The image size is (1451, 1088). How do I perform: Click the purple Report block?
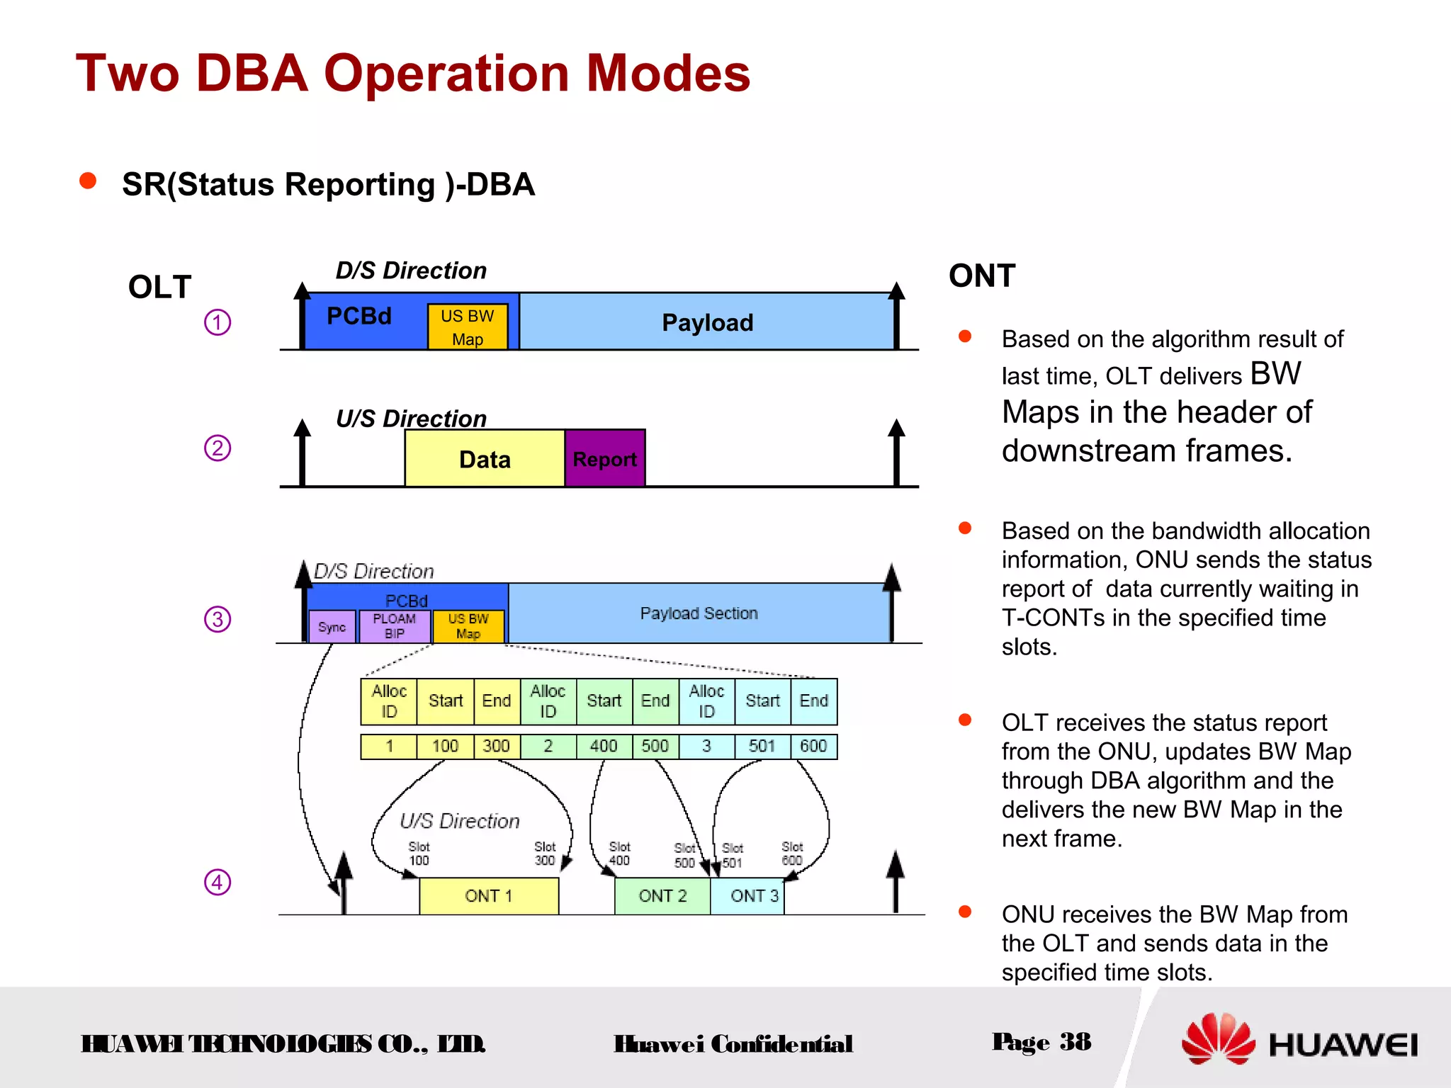click(x=604, y=458)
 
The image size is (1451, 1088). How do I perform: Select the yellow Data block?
click(x=485, y=458)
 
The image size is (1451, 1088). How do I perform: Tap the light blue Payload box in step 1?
click(x=706, y=322)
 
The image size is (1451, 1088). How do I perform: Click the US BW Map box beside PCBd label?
click(x=467, y=327)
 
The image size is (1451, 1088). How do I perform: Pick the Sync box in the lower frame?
click(x=332, y=627)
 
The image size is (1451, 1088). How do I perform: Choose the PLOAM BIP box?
click(x=394, y=626)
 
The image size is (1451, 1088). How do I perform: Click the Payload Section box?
click(x=699, y=613)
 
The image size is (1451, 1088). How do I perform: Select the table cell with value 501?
click(x=762, y=746)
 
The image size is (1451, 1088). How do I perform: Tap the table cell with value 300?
click(x=496, y=746)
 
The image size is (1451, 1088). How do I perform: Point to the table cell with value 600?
click(x=813, y=746)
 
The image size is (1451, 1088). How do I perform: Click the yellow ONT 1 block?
click(x=488, y=896)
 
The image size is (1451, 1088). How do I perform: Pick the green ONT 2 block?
click(x=662, y=896)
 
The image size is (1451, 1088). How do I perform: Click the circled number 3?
click(x=218, y=619)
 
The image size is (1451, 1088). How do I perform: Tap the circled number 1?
click(x=218, y=322)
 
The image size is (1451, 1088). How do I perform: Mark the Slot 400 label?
click(x=619, y=854)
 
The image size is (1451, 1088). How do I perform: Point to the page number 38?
click(x=1075, y=1041)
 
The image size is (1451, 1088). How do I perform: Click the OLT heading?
click(x=160, y=287)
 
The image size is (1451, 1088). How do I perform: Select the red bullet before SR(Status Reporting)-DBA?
click(x=88, y=181)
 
